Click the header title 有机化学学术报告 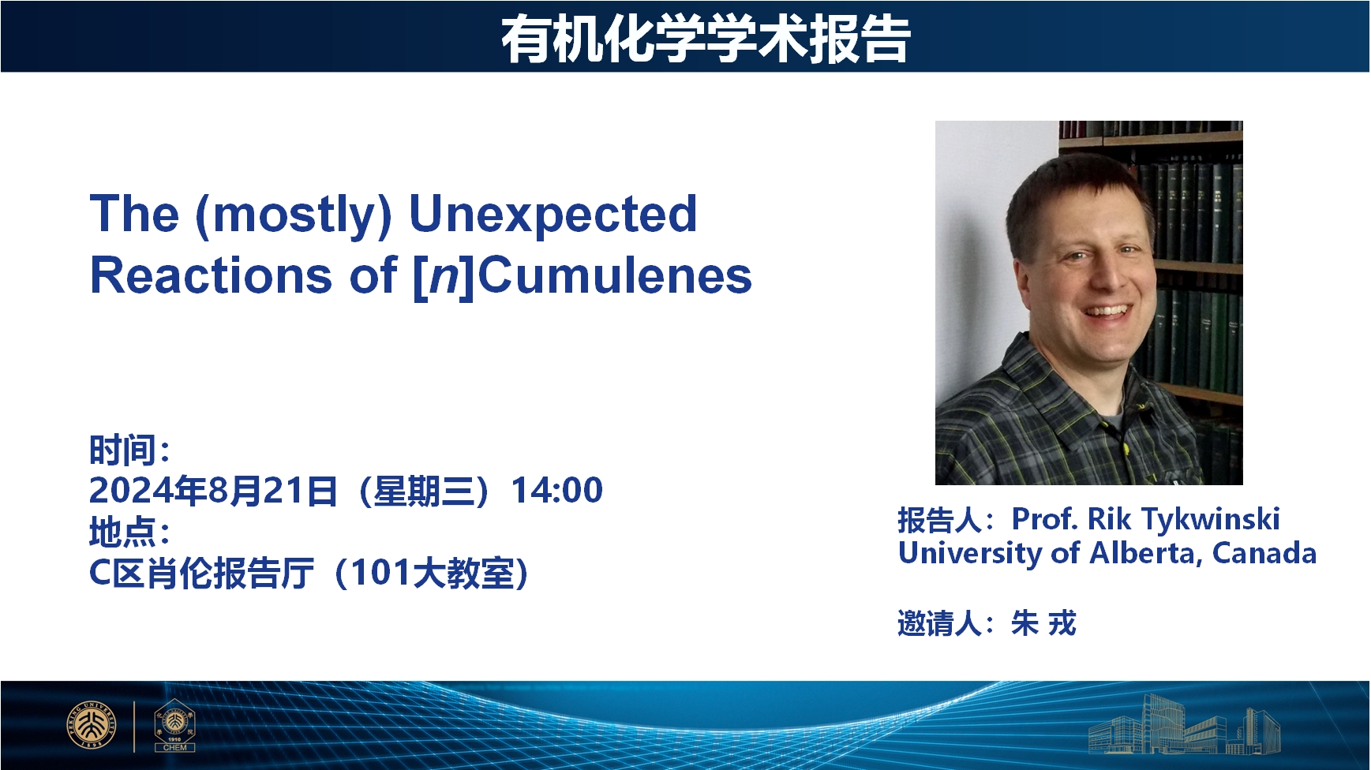tap(706, 38)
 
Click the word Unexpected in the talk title tap(553, 214)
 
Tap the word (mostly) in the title tap(293, 215)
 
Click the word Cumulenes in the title tap(615, 275)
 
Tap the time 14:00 tap(557, 490)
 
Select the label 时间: tap(129, 450)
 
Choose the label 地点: tap(129, 532)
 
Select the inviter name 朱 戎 tap(1043, 623)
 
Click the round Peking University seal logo tap(92, 724)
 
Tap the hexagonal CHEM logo tap(174, 724)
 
